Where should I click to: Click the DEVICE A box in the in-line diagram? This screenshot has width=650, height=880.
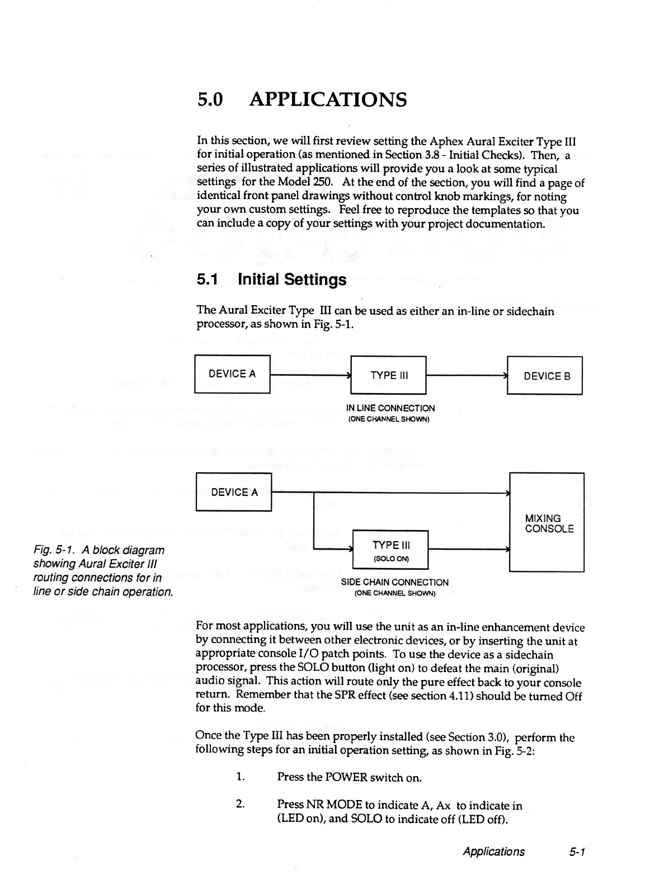[232, 374]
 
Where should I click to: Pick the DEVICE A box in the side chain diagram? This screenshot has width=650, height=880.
[234, 492]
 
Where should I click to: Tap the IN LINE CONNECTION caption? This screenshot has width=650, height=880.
[390, 408]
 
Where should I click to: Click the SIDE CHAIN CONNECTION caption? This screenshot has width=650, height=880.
[394, 583]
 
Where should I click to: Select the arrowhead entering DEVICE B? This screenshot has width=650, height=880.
[505, 376]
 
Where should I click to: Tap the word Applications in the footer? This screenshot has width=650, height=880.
[493, 851]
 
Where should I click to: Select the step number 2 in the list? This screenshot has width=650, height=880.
[239, 805]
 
